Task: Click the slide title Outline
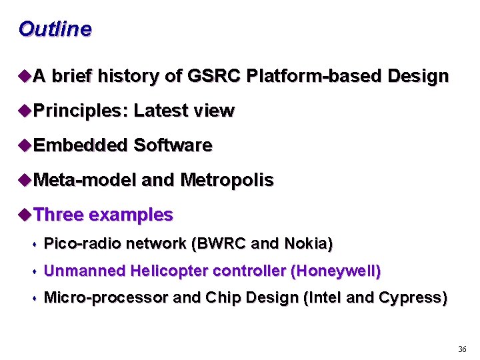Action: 55,29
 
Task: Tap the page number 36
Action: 462,349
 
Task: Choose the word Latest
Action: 160,111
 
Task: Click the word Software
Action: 173,145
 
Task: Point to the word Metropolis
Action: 227,180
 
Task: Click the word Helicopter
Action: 169,271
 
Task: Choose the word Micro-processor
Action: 105,298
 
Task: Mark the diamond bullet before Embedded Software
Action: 25,145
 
